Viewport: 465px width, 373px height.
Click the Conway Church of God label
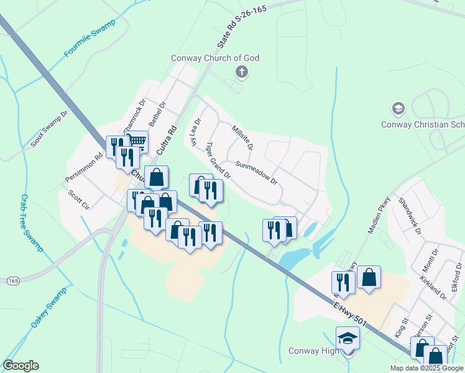click(215, 58)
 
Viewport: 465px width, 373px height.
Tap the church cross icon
click(242, 73)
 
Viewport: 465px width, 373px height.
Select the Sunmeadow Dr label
click(256, 172)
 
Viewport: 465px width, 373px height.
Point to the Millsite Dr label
click(242, 137)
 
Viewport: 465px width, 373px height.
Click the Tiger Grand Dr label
click(218, 160)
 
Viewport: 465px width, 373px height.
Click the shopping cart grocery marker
click(137, 141)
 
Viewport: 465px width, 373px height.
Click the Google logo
click(21, 366)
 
